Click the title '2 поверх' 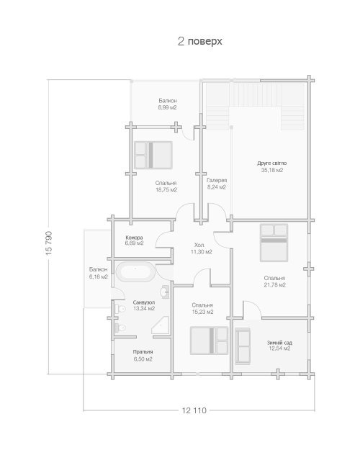pyautogui.click(x=200, y=41)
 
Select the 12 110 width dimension pyautogui.click(x=194, y=410)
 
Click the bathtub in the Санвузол pyautogui.click(x=135, y=271)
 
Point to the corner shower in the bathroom pyautogui.click(x=161, y=325)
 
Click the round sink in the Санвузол pyautogui.click(x=165, y=292)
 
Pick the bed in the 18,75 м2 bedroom pyautogui.click(x=153, y=155)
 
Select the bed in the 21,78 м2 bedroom pyautogui.click(x=274, y=243)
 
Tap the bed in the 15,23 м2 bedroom pyautogui.click(x=210, y=341)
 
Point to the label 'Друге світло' pyautogui.click(x=271, y=163)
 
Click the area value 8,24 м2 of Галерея pyautogui.click(x=217, y=187)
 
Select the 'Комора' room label pyautogui.click(x=134, y=238)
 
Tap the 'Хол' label pyautogui.click(x=199, y=245)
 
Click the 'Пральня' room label pyautogui.click(x=143, y=352)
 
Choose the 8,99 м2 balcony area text pyautogui.click(x=167, y=107)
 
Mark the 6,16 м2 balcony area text pyautogui.click(x=99, y=276)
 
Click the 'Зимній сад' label pyautogui.click(x=279, y=343)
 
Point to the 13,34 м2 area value pyautogui.click(x=144, y=308)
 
